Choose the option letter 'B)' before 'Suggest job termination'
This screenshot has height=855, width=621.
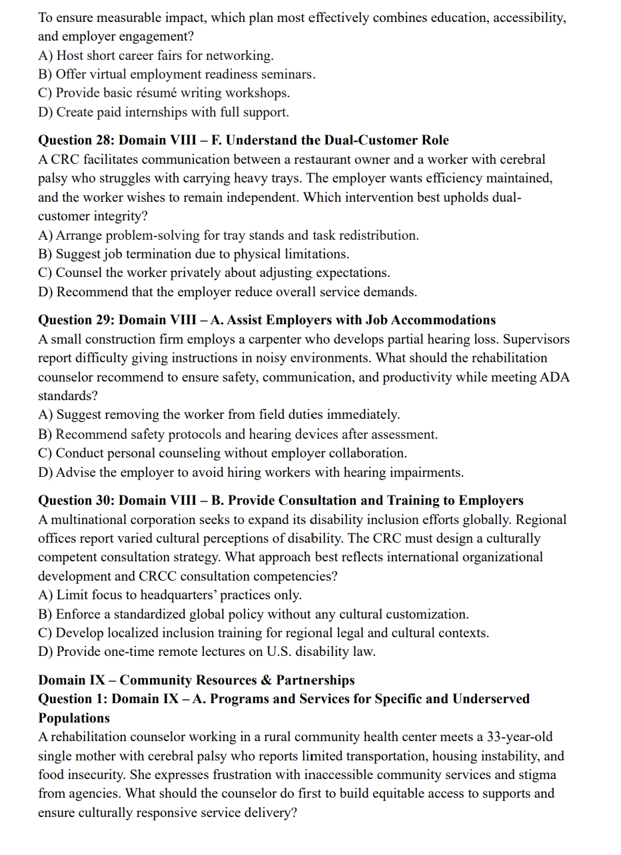46,254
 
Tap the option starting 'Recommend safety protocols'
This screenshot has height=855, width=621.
247,434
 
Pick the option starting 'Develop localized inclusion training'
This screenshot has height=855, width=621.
272,633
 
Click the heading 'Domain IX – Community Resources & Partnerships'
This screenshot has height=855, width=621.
196,680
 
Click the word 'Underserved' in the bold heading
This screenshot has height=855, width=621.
490,699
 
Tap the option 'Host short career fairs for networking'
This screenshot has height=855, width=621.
165,56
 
